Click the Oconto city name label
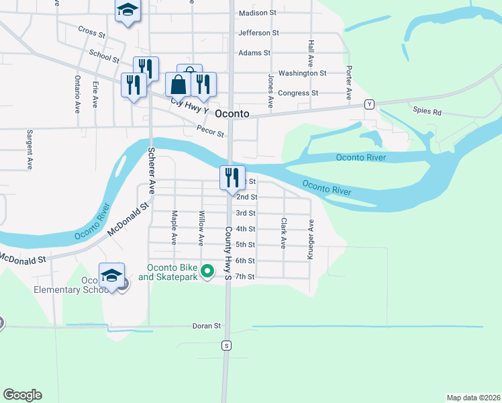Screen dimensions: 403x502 click(x=232, y=115)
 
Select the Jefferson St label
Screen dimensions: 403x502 click(x=258, y=32)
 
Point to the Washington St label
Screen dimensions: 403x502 click(x=302, y=73)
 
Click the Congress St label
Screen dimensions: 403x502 click(x=298, y=93)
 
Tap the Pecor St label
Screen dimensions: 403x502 click(x=210, y=131)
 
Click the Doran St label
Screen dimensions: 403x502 click(x=207, y=326)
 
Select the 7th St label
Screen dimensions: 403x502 click(x=245, y=276)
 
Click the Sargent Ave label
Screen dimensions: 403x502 click(x=30, y=149)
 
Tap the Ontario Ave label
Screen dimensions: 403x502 click(x=77, y=92)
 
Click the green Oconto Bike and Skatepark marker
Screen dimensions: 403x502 click(x=208, y=272)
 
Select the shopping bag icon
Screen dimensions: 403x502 click(x=179, y=85)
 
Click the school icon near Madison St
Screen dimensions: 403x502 click(x=127, y=11)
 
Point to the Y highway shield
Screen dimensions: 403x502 click(x=369, y=104)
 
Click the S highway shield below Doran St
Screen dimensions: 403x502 click(x=227, y=345)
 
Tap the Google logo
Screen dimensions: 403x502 click(x=22, y=395)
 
